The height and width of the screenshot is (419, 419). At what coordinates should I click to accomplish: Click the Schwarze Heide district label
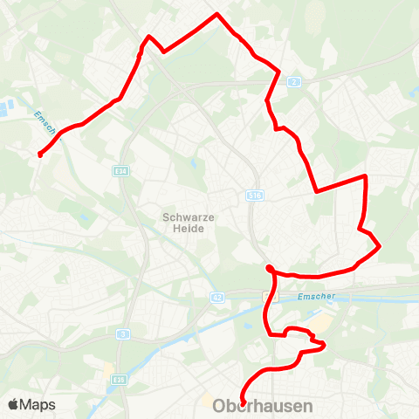183,222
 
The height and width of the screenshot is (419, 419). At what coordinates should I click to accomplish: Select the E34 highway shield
120,171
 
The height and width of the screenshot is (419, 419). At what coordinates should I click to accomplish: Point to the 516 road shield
254,196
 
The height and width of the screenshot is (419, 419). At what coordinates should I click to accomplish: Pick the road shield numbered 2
294,81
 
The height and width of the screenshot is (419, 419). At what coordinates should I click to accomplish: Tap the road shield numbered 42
216,298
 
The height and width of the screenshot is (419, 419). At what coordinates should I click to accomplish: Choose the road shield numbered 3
125,334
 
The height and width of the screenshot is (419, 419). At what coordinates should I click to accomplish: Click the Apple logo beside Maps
13,404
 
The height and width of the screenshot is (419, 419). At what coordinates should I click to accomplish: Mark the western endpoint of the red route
40,155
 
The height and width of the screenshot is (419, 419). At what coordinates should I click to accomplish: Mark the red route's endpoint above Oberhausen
243,402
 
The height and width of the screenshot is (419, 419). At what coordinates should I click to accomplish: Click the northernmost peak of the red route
216,15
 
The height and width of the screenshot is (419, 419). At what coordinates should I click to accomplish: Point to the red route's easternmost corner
380,247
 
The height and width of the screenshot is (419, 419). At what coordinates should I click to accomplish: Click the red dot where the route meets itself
271,268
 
